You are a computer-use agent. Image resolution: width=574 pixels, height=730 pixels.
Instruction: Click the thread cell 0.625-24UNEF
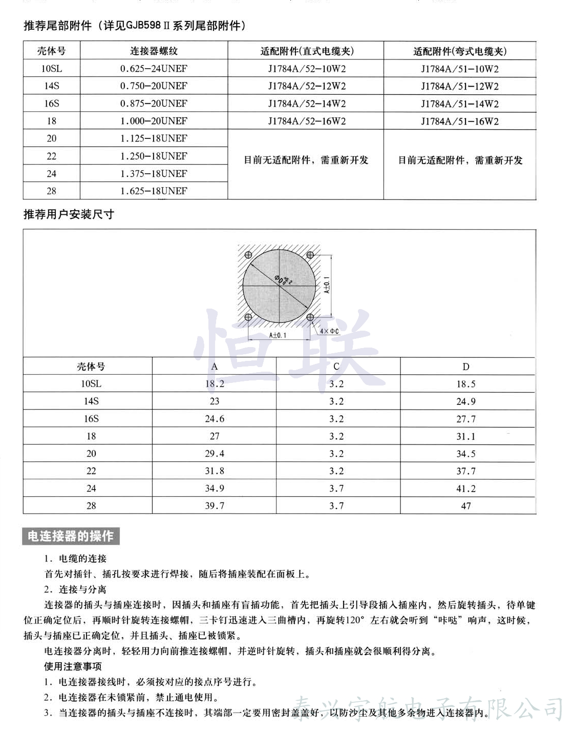(154, 69)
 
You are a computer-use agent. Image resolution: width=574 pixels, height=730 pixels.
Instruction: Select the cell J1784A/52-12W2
(307, 86)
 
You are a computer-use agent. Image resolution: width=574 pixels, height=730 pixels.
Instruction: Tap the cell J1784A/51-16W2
(460, 121)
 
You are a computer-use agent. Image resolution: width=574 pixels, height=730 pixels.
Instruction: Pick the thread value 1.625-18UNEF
(154, 191)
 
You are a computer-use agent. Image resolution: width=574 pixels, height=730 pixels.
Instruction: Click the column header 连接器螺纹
(154, 51)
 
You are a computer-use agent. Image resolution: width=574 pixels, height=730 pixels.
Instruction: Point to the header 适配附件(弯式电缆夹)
(460, 51)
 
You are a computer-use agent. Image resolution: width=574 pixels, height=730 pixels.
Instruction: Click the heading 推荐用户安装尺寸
(69, 214)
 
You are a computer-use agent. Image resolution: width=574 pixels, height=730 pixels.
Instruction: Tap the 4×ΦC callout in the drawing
(329, 331)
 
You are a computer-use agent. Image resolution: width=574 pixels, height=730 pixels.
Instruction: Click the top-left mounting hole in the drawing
(248, 255)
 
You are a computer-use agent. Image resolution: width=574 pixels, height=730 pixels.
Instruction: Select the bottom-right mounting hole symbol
(310, 317)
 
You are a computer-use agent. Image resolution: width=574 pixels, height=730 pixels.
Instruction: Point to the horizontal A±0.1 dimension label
(278, 335)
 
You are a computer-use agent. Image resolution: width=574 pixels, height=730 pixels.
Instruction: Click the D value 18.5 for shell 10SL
(466, 384)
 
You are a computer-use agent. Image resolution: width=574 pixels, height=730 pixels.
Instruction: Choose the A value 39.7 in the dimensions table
(215, 506)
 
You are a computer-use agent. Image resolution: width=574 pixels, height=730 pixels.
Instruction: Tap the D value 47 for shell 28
(466, 506)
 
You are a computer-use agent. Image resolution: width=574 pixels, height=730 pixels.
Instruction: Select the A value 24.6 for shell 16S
(215, 419)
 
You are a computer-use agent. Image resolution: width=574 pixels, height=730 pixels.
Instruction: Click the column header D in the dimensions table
(466, 367)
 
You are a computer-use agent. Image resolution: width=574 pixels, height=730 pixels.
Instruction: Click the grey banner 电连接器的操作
(71, 536)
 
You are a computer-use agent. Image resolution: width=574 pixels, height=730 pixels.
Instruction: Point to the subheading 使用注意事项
(73, 666)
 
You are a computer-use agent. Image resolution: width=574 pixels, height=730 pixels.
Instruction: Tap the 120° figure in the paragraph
(354, 620)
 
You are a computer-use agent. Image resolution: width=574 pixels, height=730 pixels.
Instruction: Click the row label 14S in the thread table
(51, 86)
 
